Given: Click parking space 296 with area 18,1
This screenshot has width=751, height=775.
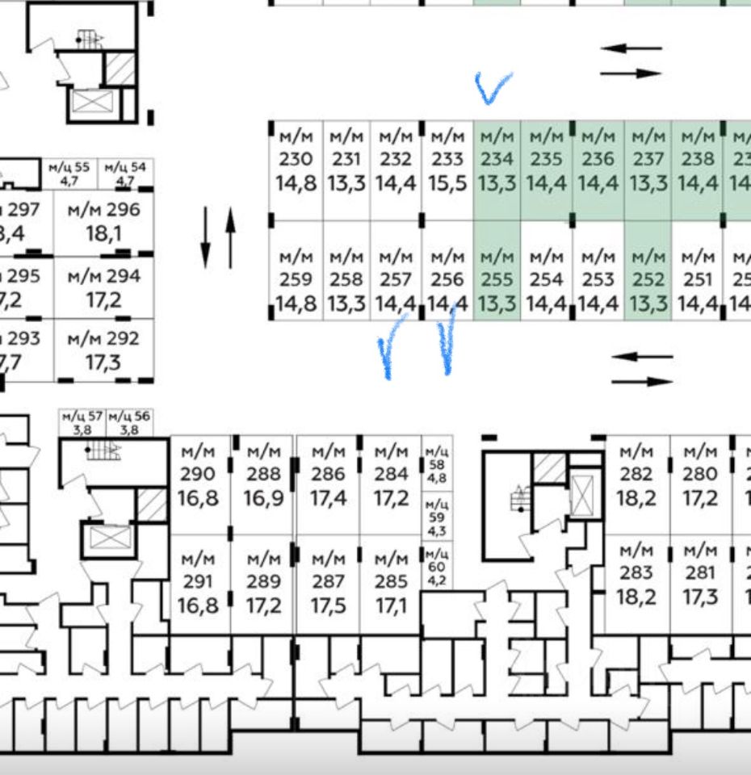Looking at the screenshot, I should tap(103, 222).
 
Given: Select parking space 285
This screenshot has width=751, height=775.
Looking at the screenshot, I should tap(392, 581).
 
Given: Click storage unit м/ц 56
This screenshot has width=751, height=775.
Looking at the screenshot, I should tap(129, 422).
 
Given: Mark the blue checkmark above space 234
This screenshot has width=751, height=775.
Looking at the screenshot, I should tap(492, 87).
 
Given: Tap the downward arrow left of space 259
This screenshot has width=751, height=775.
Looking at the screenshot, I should tap(205, 237).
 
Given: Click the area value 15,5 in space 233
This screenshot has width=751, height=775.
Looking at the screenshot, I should tap(447, 183).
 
